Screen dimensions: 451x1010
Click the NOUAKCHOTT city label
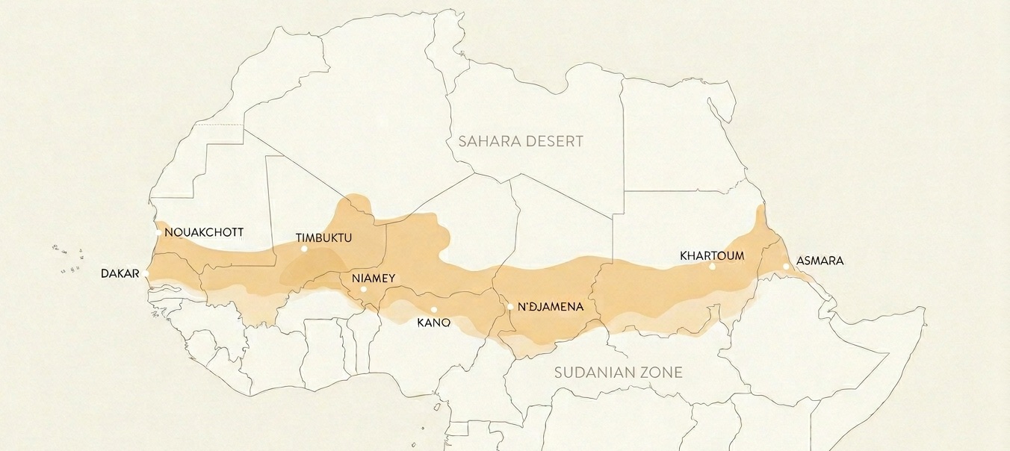[x=203, y=232]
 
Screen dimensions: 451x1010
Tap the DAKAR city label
[x=120, y=274]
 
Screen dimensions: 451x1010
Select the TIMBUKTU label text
[x=323, y=238]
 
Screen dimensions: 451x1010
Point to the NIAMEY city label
[x=373, y=279]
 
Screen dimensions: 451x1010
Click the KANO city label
[x=433, y=323]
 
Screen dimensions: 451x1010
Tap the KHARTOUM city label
[x=712, y=255]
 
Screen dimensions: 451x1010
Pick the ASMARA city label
[x=820, y=261]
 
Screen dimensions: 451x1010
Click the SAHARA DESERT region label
[x=521, y=141]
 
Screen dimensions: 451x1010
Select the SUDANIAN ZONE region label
[x=618, y=372]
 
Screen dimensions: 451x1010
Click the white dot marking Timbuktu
[x=304, y=249]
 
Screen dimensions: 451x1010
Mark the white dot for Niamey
[x=364, y=289]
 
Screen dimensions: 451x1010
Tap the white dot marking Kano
[x=433, y=310]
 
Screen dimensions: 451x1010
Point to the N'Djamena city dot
[x=510, y=306]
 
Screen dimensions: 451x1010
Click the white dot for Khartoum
[x=712, y=267]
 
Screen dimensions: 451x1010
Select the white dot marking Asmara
[x=786, y=267]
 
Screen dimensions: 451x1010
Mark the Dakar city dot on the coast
[x=147, y=275]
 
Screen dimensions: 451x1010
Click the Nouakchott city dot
[x=158, y=232]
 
